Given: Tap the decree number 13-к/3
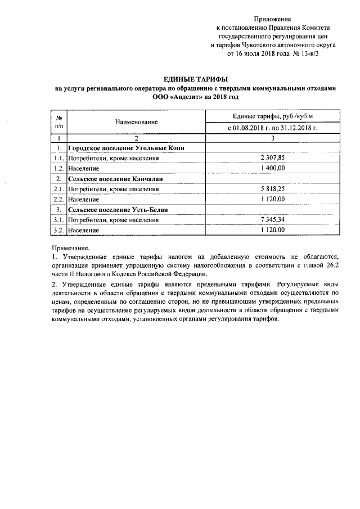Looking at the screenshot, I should click(x=311, y=55).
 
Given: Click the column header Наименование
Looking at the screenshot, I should click(x=137, y=121).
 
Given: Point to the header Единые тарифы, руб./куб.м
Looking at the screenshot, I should click(x=272, y=116).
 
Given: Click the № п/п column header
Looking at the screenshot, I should click(x=58, y=121).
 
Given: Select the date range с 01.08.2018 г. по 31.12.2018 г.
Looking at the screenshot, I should click(x=272, y=128).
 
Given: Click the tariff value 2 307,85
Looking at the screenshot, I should click(x=273, y=158).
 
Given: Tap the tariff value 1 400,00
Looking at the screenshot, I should click(x=273, y=168).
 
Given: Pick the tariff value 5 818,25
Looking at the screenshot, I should click(x=273, y=189).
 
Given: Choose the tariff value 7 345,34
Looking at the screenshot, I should click(x=273, y=220).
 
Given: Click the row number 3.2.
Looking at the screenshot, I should click(x=58, y=230).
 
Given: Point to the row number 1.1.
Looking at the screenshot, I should click(x=58, y=158).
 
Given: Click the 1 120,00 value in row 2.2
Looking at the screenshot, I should click(x=273, y=199).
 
